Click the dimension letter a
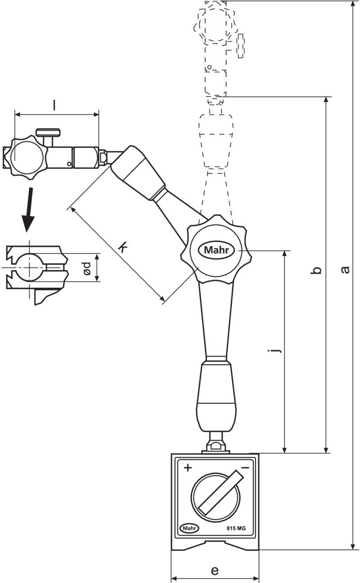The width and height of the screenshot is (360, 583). pos(345,270)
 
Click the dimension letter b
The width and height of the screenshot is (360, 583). pos(316,270)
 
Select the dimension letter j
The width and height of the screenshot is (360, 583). pos(275,351)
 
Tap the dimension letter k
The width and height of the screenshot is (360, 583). pos(122,247)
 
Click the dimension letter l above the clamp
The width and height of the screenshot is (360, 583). pos(54,105)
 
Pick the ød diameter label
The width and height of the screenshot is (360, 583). pos(87,268)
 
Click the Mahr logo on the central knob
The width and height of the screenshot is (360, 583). pos(216,250)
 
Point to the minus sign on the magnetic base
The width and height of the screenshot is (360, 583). pos(245,468)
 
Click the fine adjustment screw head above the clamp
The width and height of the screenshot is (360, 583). pos(49,132)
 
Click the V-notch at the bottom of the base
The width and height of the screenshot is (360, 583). pos(215,544)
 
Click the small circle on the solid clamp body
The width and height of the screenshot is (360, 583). pos(69,164)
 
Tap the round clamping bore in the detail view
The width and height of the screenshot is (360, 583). pos(29,267)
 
